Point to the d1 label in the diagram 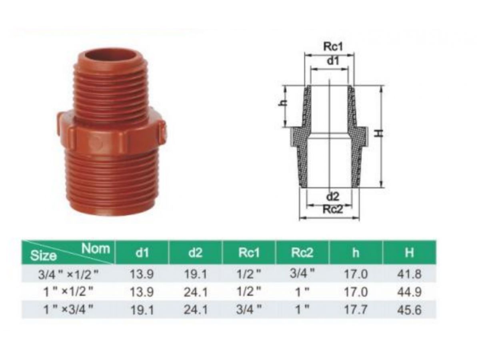[333, 61]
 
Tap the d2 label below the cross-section [332, 196]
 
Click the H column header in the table [409, 253]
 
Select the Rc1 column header [249, 253]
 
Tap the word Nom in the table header [96, 248]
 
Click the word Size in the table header [44, 255]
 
